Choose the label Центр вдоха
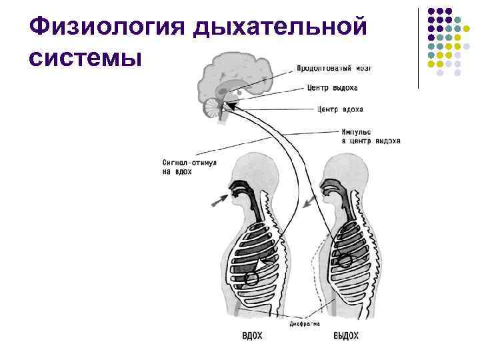pyautogui.click(x=341, y=109)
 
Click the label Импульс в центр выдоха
pyautogui.click(x=369, y=137)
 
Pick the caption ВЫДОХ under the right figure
pyautogui.click(x=346, y=335)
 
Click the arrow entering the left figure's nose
pyautogui.click(x=218, y=199)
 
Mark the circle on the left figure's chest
pyautogui.click(x=252, y=279)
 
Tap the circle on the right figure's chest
pyautogui.click(x=344, y=261)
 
